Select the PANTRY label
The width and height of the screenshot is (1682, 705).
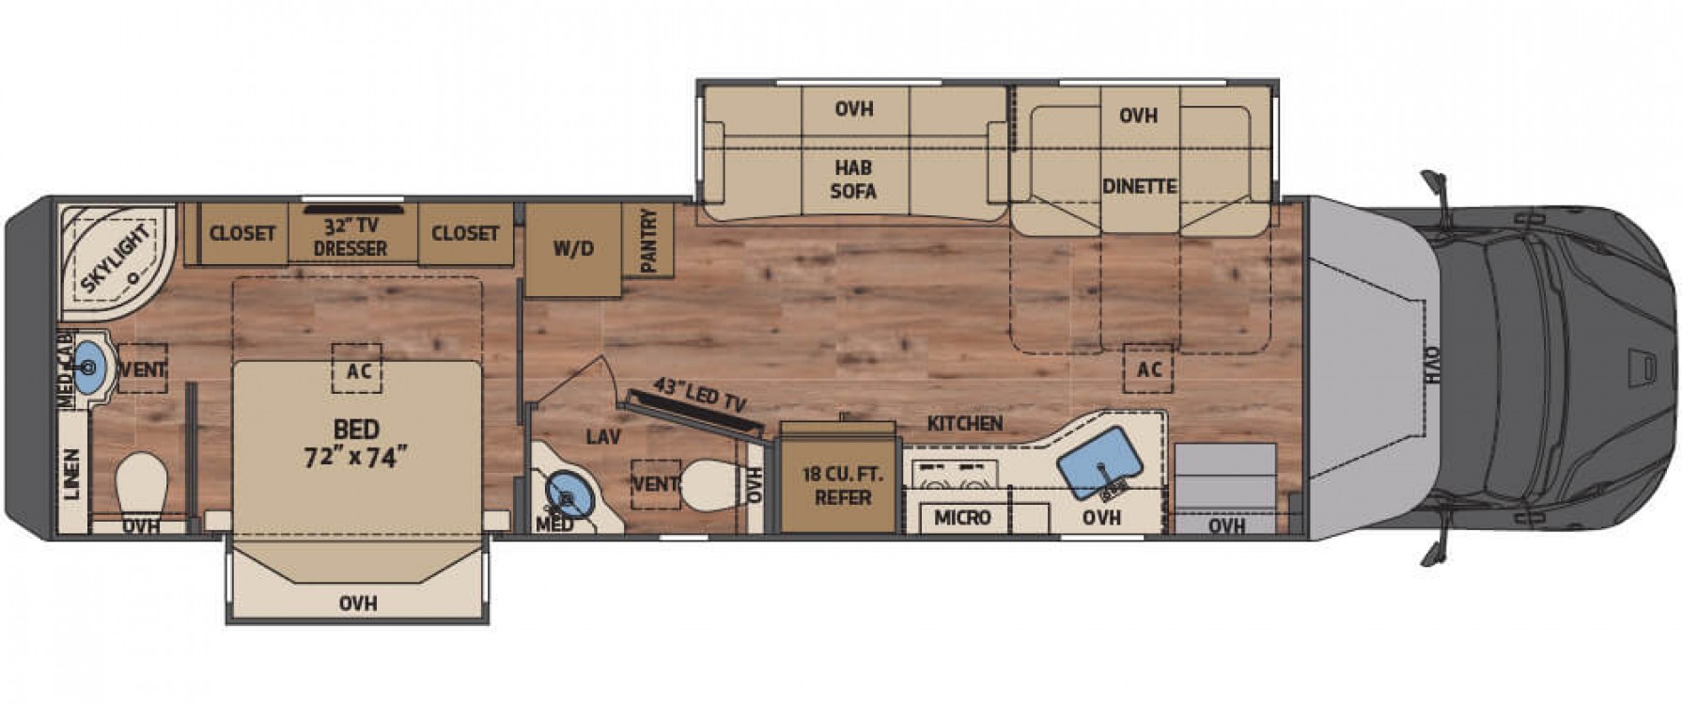[649, 241]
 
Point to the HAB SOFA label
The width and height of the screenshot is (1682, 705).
[854, 180]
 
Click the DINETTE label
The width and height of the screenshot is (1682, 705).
[1140, 186]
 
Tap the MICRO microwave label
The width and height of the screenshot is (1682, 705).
[962, 518]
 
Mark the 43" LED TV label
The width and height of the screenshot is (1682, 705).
[700, 396]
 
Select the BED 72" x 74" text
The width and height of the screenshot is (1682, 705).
[357, 444]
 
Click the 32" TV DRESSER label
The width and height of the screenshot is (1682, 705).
[350, 237]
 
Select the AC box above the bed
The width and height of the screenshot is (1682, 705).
[357, 369]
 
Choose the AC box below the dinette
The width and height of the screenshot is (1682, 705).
[1148, 368]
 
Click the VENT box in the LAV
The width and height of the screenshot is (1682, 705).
[655, 484]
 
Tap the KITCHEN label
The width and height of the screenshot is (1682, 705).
[965, 424]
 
